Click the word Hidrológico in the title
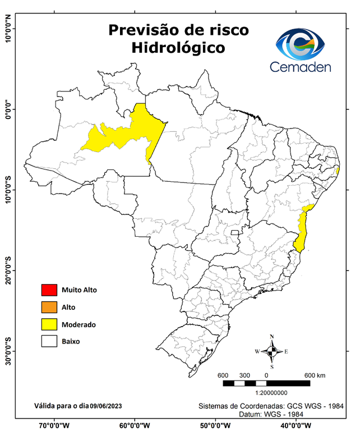point(178,48)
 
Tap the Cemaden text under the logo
point(300,67)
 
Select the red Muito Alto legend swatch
point(49,290)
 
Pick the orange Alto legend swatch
point(49,307)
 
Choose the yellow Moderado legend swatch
point(49,324)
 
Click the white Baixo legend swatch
point(49,341)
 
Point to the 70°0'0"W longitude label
point(54,425)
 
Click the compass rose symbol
point(272,351)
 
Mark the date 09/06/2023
point(106,405)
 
